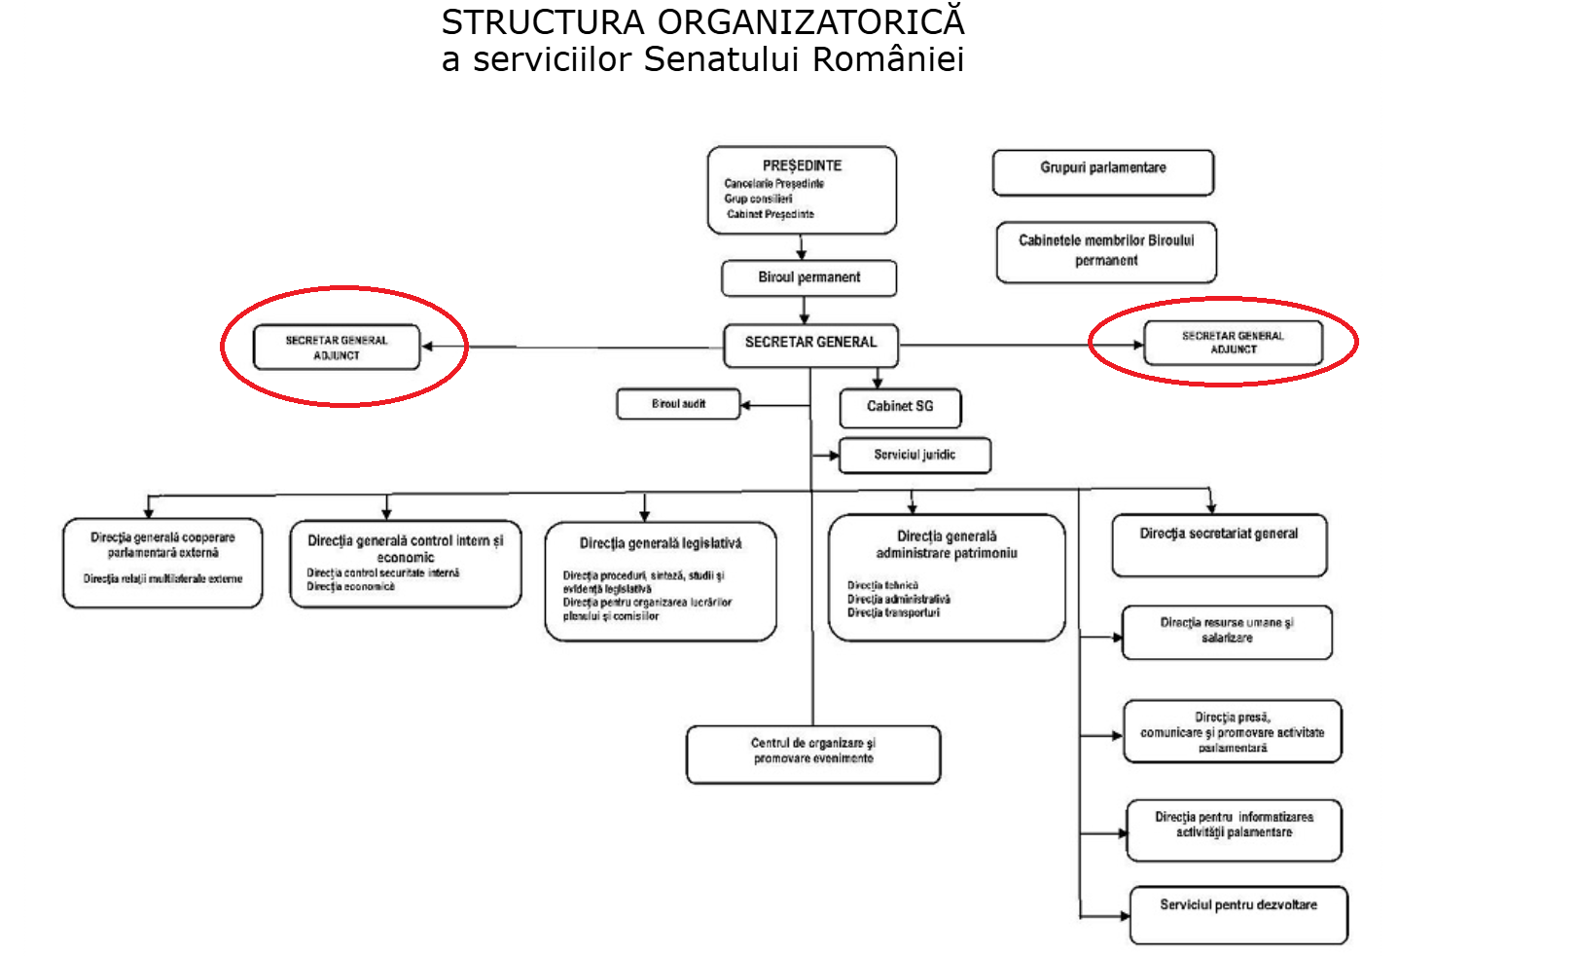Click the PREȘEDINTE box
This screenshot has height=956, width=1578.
click(x=802, y=190)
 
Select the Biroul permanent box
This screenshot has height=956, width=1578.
click(x=808, y=277)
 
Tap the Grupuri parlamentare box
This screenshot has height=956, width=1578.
click(x=1102, y=172)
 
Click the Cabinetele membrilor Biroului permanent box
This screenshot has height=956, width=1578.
click(x=1106, y=251)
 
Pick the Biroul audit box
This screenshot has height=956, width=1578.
click(x=678, y=404)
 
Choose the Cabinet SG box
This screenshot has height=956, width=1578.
click(x=900, y=407)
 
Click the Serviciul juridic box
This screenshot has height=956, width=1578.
click(x=915, y=455)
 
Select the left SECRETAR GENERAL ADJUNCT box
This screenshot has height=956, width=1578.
click(x=337, y=348)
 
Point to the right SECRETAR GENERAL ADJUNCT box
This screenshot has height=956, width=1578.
click(x=1233, y=343)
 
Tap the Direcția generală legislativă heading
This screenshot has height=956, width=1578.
click(x=661, y=543)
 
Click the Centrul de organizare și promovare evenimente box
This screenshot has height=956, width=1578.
click(x=813, y=754)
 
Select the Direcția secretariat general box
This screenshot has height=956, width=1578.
click(x=1219, y=544)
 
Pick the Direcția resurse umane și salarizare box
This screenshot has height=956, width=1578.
click(x=1227, y=631)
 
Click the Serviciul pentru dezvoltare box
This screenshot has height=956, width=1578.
click(x=1238, y=914)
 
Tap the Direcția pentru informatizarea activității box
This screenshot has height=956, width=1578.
click(x=1234, y=828)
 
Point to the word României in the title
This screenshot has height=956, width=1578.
click(x=888, y=59)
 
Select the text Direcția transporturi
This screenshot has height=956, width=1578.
click(x=893, y=613)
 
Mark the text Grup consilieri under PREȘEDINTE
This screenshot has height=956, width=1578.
click(x=758, y=199)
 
